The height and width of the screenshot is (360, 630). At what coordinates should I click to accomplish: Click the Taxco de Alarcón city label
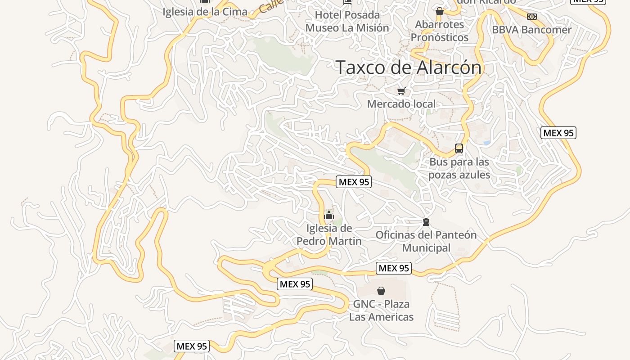tap(409, 67)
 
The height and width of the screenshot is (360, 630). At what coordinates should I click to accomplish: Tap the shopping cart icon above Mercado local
tap(401, 91)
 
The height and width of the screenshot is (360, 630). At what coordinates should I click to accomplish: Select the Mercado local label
tap(401, 104)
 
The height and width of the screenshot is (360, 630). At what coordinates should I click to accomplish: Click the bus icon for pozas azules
tap(459, 148)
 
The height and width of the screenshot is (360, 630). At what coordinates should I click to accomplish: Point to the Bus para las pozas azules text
tap(459, 168)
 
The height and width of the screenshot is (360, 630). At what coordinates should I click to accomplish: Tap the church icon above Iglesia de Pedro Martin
tap(329, 216)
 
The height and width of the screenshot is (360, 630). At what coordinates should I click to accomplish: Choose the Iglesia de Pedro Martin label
tap(329, 235)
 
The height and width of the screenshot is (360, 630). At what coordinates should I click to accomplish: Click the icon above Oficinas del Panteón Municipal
tap(426, 222)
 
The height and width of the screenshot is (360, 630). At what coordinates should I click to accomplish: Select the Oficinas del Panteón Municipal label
tap(426, 241)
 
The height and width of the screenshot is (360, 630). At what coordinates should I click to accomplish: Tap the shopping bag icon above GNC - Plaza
tap(381, 291)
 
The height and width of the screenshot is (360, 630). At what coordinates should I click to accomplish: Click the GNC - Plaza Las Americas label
tap(381, 310)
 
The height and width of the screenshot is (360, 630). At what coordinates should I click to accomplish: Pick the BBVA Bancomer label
tap(531, 30)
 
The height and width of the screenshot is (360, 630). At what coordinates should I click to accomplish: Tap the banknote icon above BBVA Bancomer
tap(532, 17)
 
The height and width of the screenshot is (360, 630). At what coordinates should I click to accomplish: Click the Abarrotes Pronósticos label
tap(440, 31)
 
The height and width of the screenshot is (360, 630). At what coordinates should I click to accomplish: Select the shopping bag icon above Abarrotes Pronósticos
tap(440, 11)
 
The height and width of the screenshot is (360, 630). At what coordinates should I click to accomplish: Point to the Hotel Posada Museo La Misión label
tap(347, 21)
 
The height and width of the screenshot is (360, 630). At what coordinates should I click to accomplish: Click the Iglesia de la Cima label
tap(205, 12)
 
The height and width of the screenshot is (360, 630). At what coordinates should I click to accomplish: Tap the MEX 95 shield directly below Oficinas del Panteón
tap(394, 269)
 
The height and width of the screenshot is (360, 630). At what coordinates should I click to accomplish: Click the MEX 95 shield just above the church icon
tap(354, 182)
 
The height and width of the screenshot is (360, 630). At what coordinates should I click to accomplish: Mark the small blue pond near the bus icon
tap(486, 143)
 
